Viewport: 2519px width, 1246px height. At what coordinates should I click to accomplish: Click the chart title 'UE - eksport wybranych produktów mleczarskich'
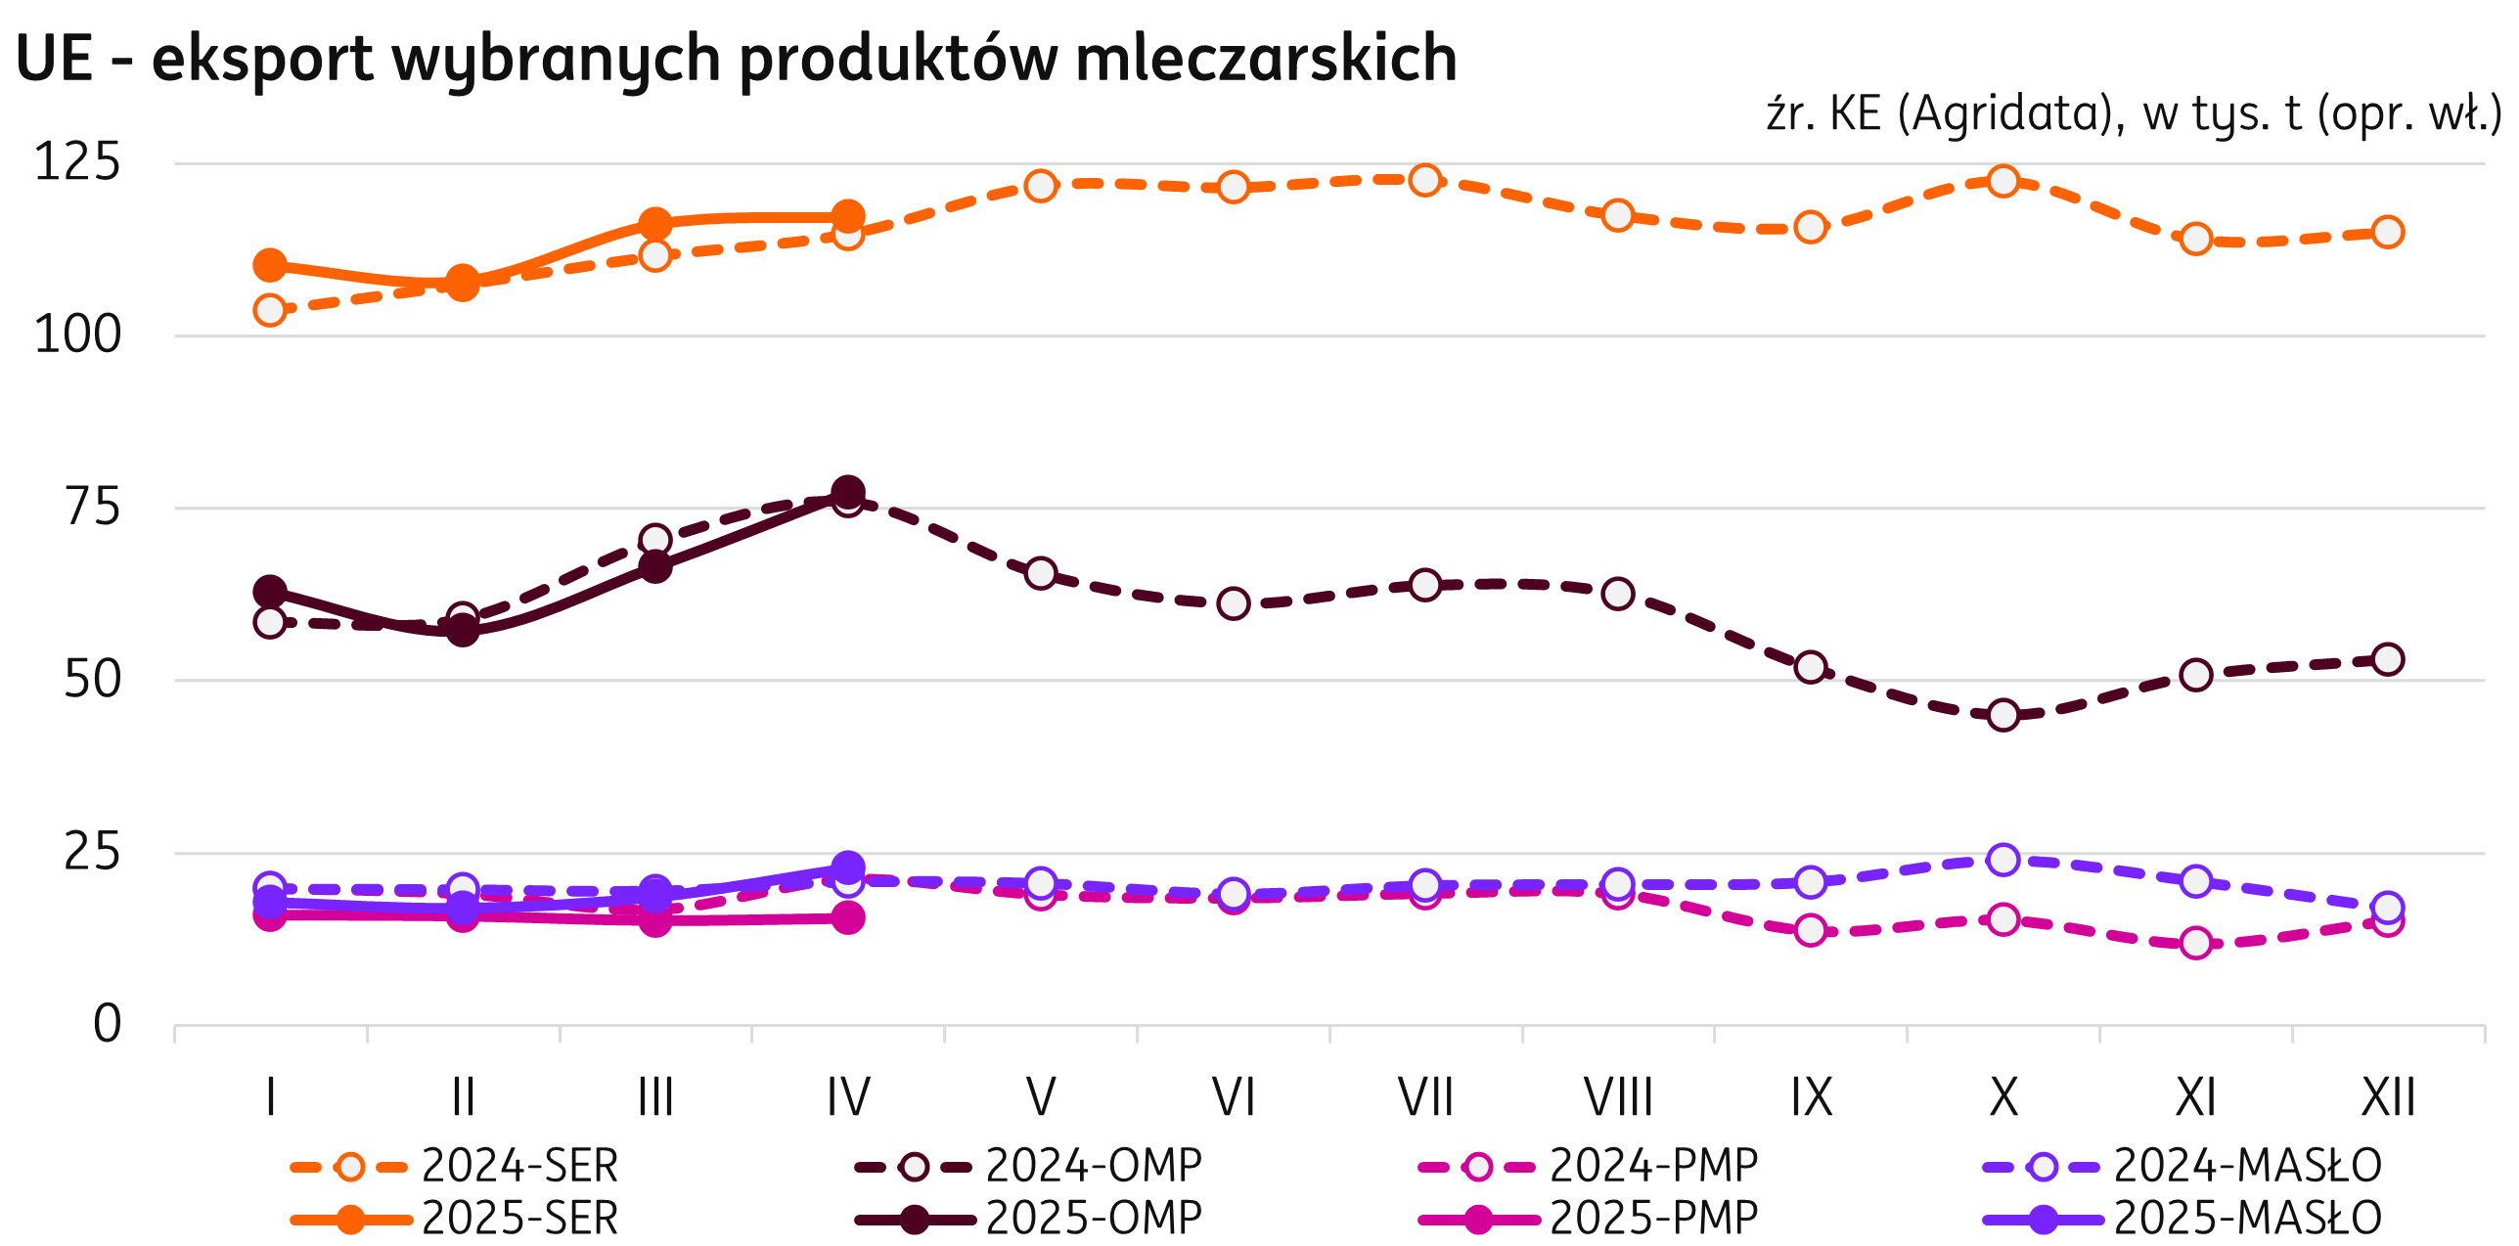[x=736, y=59]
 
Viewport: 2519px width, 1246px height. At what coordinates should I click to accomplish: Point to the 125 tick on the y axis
[x=77, y=162]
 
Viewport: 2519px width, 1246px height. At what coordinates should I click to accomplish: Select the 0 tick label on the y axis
[x=107, y=1024]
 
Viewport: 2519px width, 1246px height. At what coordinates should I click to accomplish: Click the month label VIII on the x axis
[x=1618, y=1097]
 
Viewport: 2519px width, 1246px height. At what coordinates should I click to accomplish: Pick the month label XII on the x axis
[x=2388, y=1097]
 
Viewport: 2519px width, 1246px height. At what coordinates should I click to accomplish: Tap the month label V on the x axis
[x=1041, y=1097]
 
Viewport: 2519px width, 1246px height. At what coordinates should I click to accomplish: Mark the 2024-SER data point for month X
[x=2003, y=181]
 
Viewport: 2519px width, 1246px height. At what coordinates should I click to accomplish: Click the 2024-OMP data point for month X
[x=2003, y=715]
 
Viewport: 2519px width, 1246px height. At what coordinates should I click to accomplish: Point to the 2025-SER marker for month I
[x=270, y=265]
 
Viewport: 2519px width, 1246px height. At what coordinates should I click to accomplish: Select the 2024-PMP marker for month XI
[x=2196, y=943]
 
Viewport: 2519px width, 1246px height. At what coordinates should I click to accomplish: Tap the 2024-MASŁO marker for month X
[x=2003, y=860]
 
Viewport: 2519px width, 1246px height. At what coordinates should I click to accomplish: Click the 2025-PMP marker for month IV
[x=848, y=917]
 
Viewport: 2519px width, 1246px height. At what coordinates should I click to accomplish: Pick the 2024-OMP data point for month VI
[x=1234, y=603]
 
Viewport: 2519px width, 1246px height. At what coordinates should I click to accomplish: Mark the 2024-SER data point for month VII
[x=1425, y=180]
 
